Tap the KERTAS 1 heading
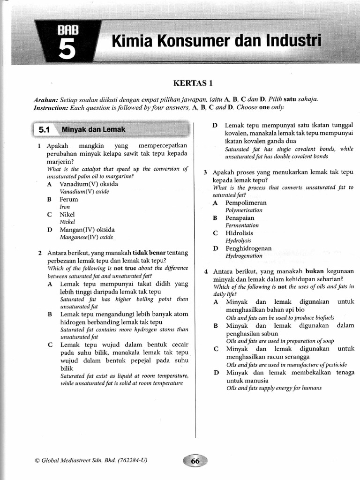193,83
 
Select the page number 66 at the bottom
195,461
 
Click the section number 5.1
45,129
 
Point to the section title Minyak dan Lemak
93,129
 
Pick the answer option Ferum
68,199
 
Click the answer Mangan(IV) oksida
87,230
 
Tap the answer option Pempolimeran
246,203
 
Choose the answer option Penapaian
240,218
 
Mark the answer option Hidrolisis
239,233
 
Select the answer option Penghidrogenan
248,248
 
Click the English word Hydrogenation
244,256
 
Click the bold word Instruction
51,107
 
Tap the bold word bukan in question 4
315,271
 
